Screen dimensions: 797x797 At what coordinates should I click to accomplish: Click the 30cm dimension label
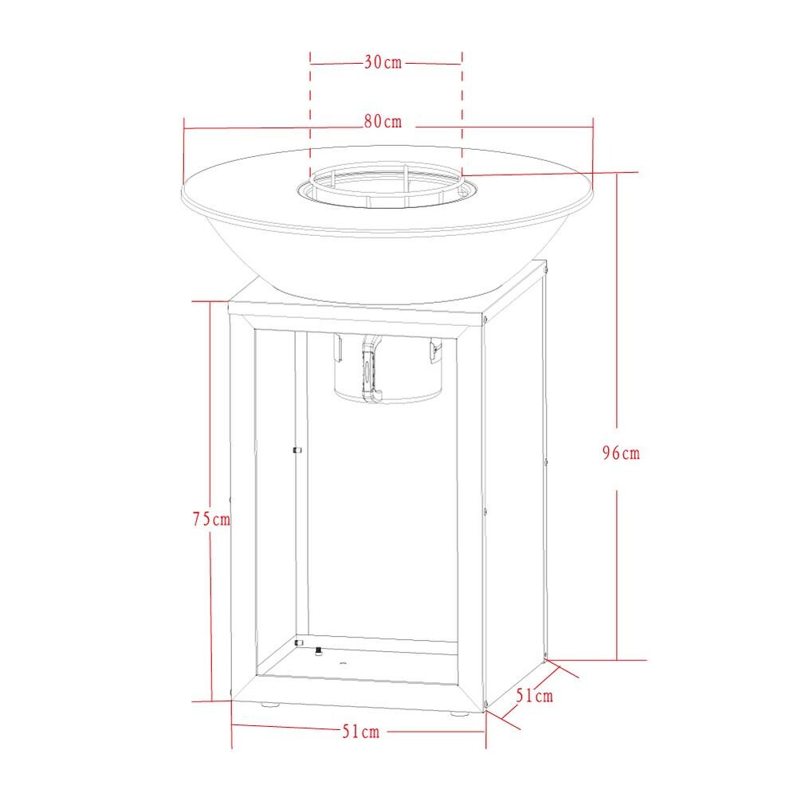point(383,62)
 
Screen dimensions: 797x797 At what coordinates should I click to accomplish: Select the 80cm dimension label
point(383,121)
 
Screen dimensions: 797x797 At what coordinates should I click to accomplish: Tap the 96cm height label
point(621,453)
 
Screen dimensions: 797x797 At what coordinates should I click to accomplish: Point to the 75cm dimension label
point(211,519)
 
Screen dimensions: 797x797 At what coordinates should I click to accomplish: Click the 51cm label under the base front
point(361,732)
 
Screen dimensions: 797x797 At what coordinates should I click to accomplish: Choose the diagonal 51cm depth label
point(535,695)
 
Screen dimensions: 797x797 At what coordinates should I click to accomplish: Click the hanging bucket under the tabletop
point(388,368)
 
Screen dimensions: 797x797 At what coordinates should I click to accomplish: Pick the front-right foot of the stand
point(459,713)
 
